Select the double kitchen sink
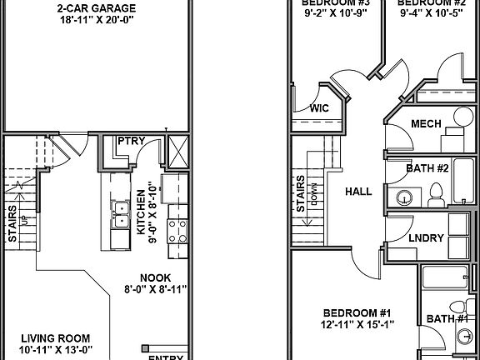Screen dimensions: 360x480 [x=121, y=215]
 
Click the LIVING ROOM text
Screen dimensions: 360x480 [x=56, y=339]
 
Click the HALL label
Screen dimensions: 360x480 [x=358, y=192]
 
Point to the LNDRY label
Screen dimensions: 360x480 [x=425, y=238]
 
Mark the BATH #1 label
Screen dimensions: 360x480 [x=447, y=317]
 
